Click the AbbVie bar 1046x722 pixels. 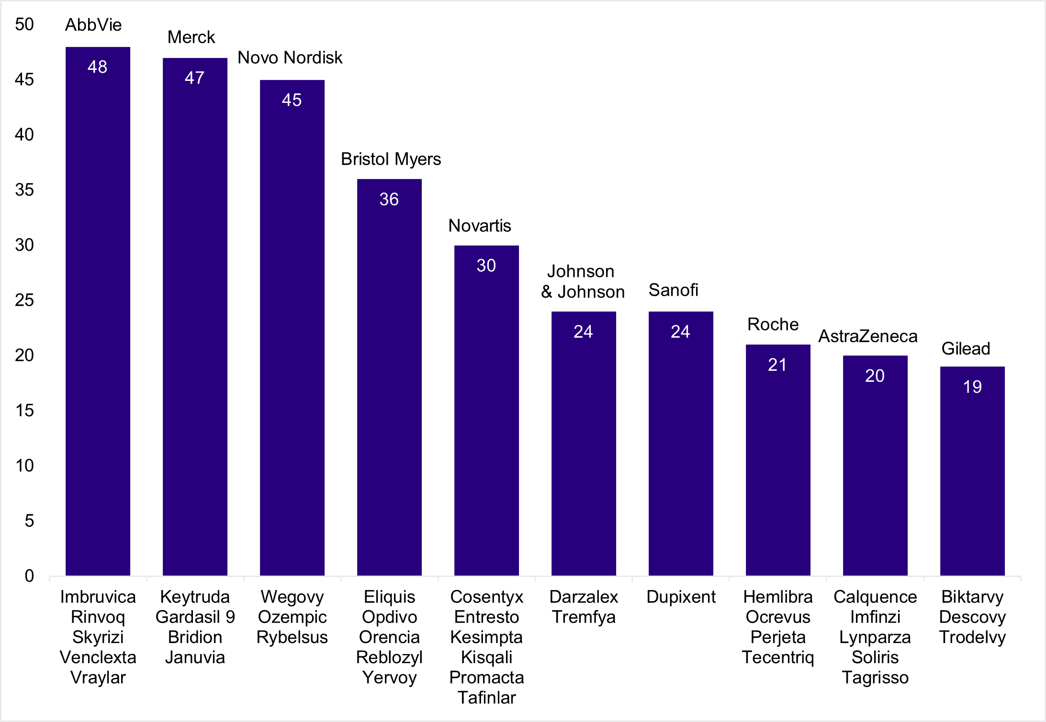(x=98, y=311)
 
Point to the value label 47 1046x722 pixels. (x=194, y=78)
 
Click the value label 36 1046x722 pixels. (x=389, y=200)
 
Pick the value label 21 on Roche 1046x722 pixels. (x=777, y=365)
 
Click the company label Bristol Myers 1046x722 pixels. (x=391, y=159)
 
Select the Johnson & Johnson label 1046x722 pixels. (x=583, y=282)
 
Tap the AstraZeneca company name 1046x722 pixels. (x=868, y=336)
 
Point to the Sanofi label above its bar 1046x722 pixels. (x=673, y=290)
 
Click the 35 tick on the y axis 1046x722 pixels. (x=24, y=190)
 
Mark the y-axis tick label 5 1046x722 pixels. (x=29, y=521)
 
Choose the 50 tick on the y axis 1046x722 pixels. (x=24, y=24)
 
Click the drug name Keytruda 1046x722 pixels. (x=195, y=597)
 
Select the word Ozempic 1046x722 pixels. (x=292, y=617)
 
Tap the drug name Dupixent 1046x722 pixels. (x=681, y=597)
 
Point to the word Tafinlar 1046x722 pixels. (x=486, y=698)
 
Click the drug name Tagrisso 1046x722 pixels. (x=875, y=678)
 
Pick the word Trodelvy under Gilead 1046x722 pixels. (x=972, y=637)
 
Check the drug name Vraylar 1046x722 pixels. (x=98, y=678)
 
